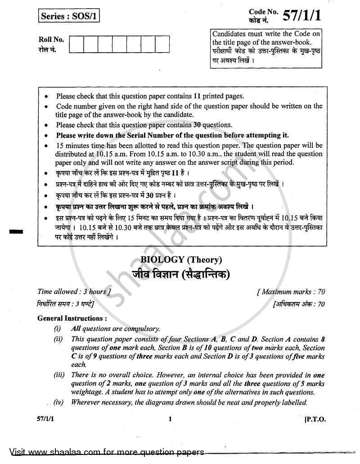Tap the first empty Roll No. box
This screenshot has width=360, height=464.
[76, 44]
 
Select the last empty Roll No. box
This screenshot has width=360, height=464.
[162, 44]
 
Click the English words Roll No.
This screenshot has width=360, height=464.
[50, 40]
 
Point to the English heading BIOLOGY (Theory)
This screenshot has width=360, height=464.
[181, 259]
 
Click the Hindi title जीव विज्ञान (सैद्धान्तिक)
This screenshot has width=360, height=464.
[181, 273]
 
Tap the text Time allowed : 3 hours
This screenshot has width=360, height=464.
[72, 292]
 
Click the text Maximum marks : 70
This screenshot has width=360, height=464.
[291, 292]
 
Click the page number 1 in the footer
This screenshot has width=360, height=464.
[170, 419]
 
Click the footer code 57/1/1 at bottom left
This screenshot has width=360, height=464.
[46, 419]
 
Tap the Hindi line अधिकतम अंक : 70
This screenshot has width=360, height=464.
[298, 304]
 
